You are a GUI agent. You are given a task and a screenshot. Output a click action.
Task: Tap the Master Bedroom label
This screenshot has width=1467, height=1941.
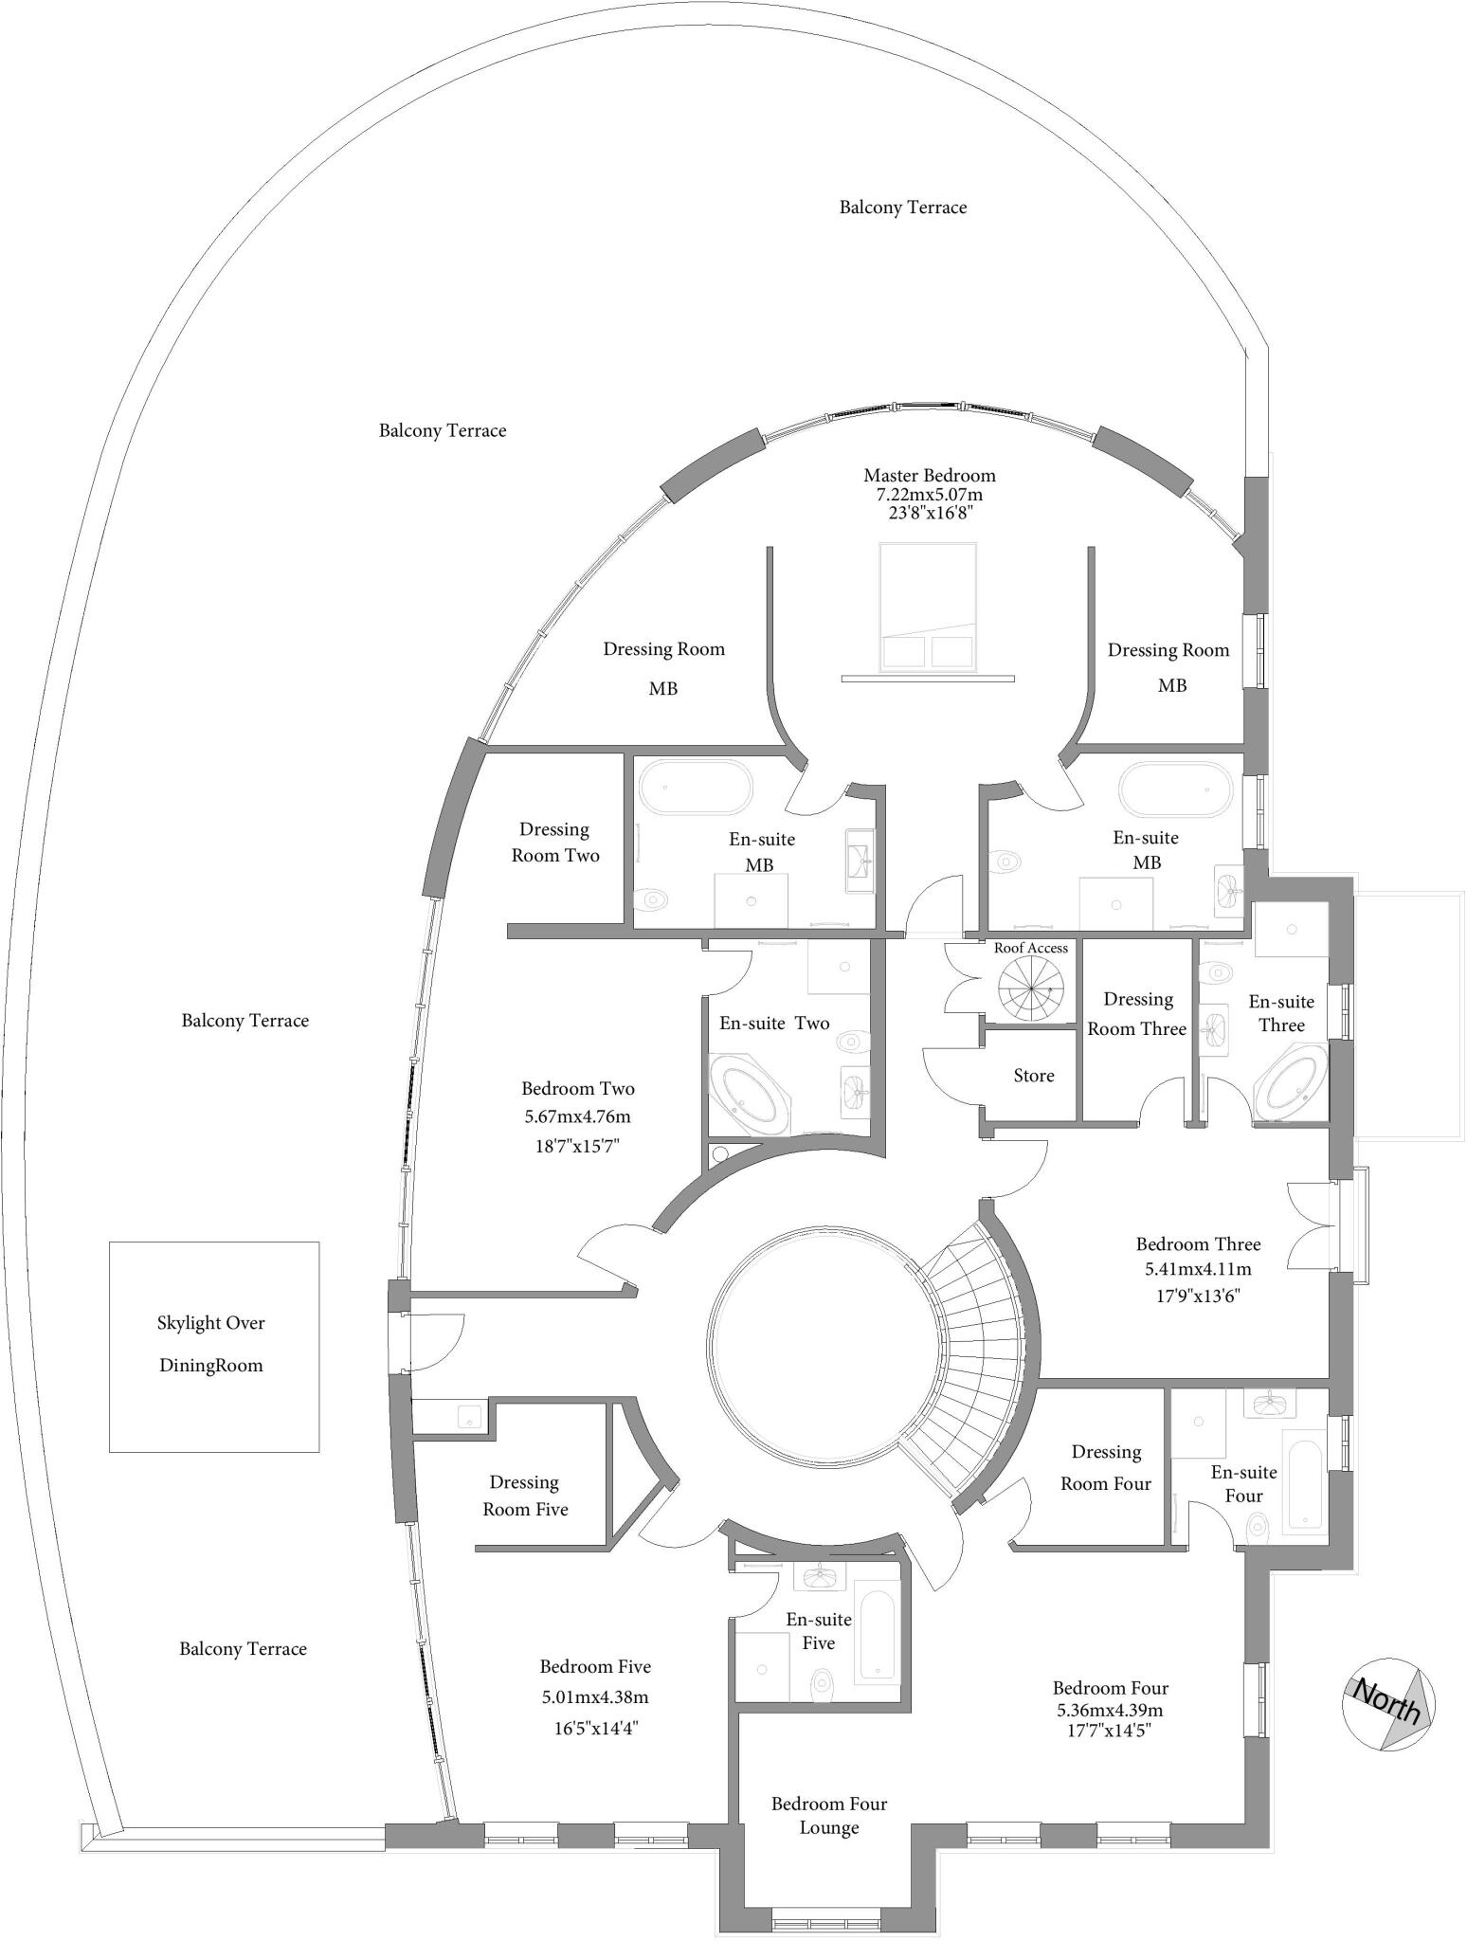pos(929,476)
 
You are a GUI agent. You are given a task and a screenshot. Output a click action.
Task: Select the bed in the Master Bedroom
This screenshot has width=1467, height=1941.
pos(928,608)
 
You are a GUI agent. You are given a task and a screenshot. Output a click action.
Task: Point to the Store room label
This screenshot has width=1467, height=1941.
pos(1033,1076)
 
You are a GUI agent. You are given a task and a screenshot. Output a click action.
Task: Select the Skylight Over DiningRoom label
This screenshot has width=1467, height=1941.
pos(211,1344)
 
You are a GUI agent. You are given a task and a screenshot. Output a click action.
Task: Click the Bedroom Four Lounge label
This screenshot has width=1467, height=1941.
pos(829,1816)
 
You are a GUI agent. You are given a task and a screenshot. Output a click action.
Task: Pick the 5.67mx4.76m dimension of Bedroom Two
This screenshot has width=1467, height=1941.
pos(578,1116)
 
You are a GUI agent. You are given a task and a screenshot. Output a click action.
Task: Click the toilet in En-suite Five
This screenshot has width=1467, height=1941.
pos(822,1684)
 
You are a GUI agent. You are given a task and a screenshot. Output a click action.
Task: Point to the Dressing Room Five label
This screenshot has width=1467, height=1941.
pos(525,1496)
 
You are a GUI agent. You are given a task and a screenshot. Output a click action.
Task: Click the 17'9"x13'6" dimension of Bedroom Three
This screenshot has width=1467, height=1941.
pos(1198,1295)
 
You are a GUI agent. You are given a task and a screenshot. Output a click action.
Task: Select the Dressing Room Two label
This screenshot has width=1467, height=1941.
pos(555,843)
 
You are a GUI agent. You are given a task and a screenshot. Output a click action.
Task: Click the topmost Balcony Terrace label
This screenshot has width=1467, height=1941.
pos(903,208)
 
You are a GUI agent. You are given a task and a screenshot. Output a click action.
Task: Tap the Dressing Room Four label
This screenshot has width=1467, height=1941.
pos(1106,1468)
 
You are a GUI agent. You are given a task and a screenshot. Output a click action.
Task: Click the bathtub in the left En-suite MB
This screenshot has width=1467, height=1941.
pos(696,786)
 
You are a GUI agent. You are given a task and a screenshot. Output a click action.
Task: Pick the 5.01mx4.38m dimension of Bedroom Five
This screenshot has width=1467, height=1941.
pos(594,1696)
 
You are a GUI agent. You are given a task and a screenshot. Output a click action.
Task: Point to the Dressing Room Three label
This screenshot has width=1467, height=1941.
pos(1137,1014)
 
